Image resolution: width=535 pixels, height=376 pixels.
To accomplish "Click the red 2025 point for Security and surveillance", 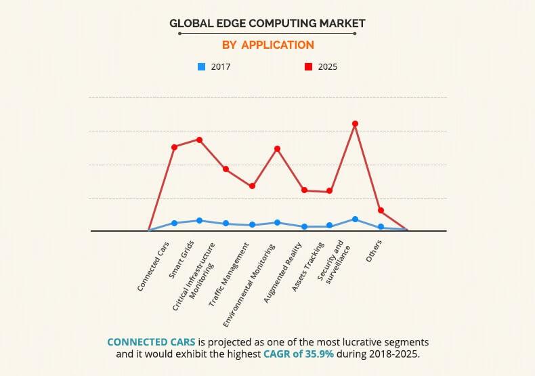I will point(355,123).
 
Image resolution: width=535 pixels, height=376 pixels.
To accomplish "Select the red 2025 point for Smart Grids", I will point(199,140).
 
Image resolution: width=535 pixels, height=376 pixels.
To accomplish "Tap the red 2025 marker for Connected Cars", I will point(174,147).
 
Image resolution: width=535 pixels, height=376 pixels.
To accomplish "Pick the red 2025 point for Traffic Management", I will point(252,186).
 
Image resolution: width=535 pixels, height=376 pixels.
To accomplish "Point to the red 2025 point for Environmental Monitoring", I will point(277,148).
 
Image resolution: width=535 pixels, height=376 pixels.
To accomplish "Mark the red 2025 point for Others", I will point(381,210).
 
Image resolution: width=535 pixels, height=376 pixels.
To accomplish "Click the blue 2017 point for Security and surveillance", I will point(355,219).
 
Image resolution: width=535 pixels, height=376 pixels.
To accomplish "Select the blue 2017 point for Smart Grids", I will point(199,220).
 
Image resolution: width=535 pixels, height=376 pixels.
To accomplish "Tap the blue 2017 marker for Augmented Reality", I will point(304,226).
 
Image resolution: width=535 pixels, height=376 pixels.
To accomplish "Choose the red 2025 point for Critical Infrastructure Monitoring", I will point(226,169).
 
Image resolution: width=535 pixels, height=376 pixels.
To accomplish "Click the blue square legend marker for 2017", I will point(201,66).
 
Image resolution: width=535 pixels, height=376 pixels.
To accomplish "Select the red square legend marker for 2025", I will point(307,66).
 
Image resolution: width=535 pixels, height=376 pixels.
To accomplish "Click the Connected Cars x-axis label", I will point(154,266).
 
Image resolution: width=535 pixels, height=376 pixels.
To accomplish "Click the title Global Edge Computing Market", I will point(267,23).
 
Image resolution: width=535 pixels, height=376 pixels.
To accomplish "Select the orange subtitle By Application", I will point(267,45).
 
